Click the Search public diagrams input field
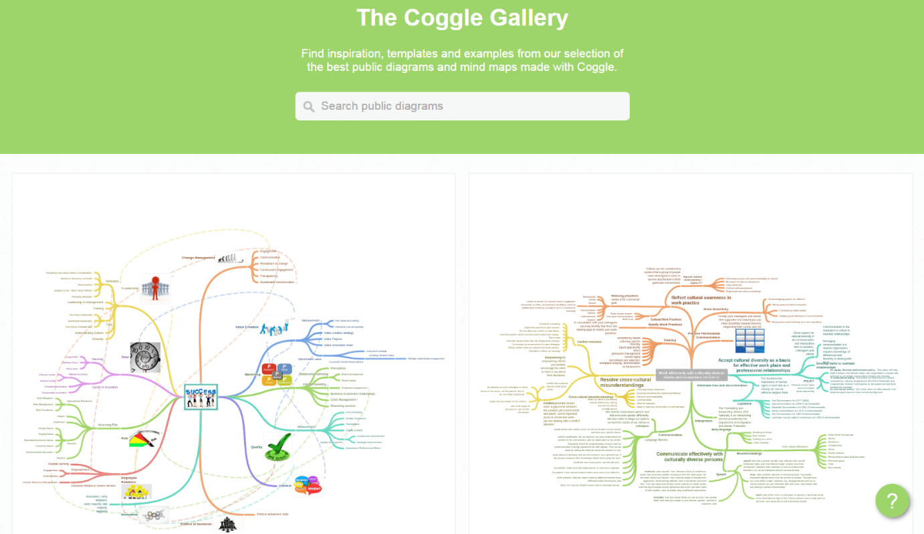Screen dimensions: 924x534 (468, 106)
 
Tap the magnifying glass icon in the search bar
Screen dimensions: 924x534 (309, 106)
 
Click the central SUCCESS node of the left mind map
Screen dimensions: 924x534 (201, 396)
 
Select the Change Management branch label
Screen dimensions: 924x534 (199, 258)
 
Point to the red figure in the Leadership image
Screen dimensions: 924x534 (155, 287)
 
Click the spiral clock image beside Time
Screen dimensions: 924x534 (145, 357)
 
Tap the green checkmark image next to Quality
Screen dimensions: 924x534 (277, 447)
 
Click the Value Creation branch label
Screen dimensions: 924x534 (247, 327)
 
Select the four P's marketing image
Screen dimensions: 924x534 (277, 375)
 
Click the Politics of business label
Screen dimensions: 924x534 (196, 523)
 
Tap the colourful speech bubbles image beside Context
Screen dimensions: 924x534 (307, 485)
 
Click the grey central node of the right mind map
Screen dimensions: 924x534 (691, 374)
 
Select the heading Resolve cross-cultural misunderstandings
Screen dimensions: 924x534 (625, 382)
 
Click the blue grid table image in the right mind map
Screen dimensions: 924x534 (749, 341)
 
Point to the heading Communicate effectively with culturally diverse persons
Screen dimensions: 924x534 (689, 456)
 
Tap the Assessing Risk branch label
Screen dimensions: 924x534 (108, 425)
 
